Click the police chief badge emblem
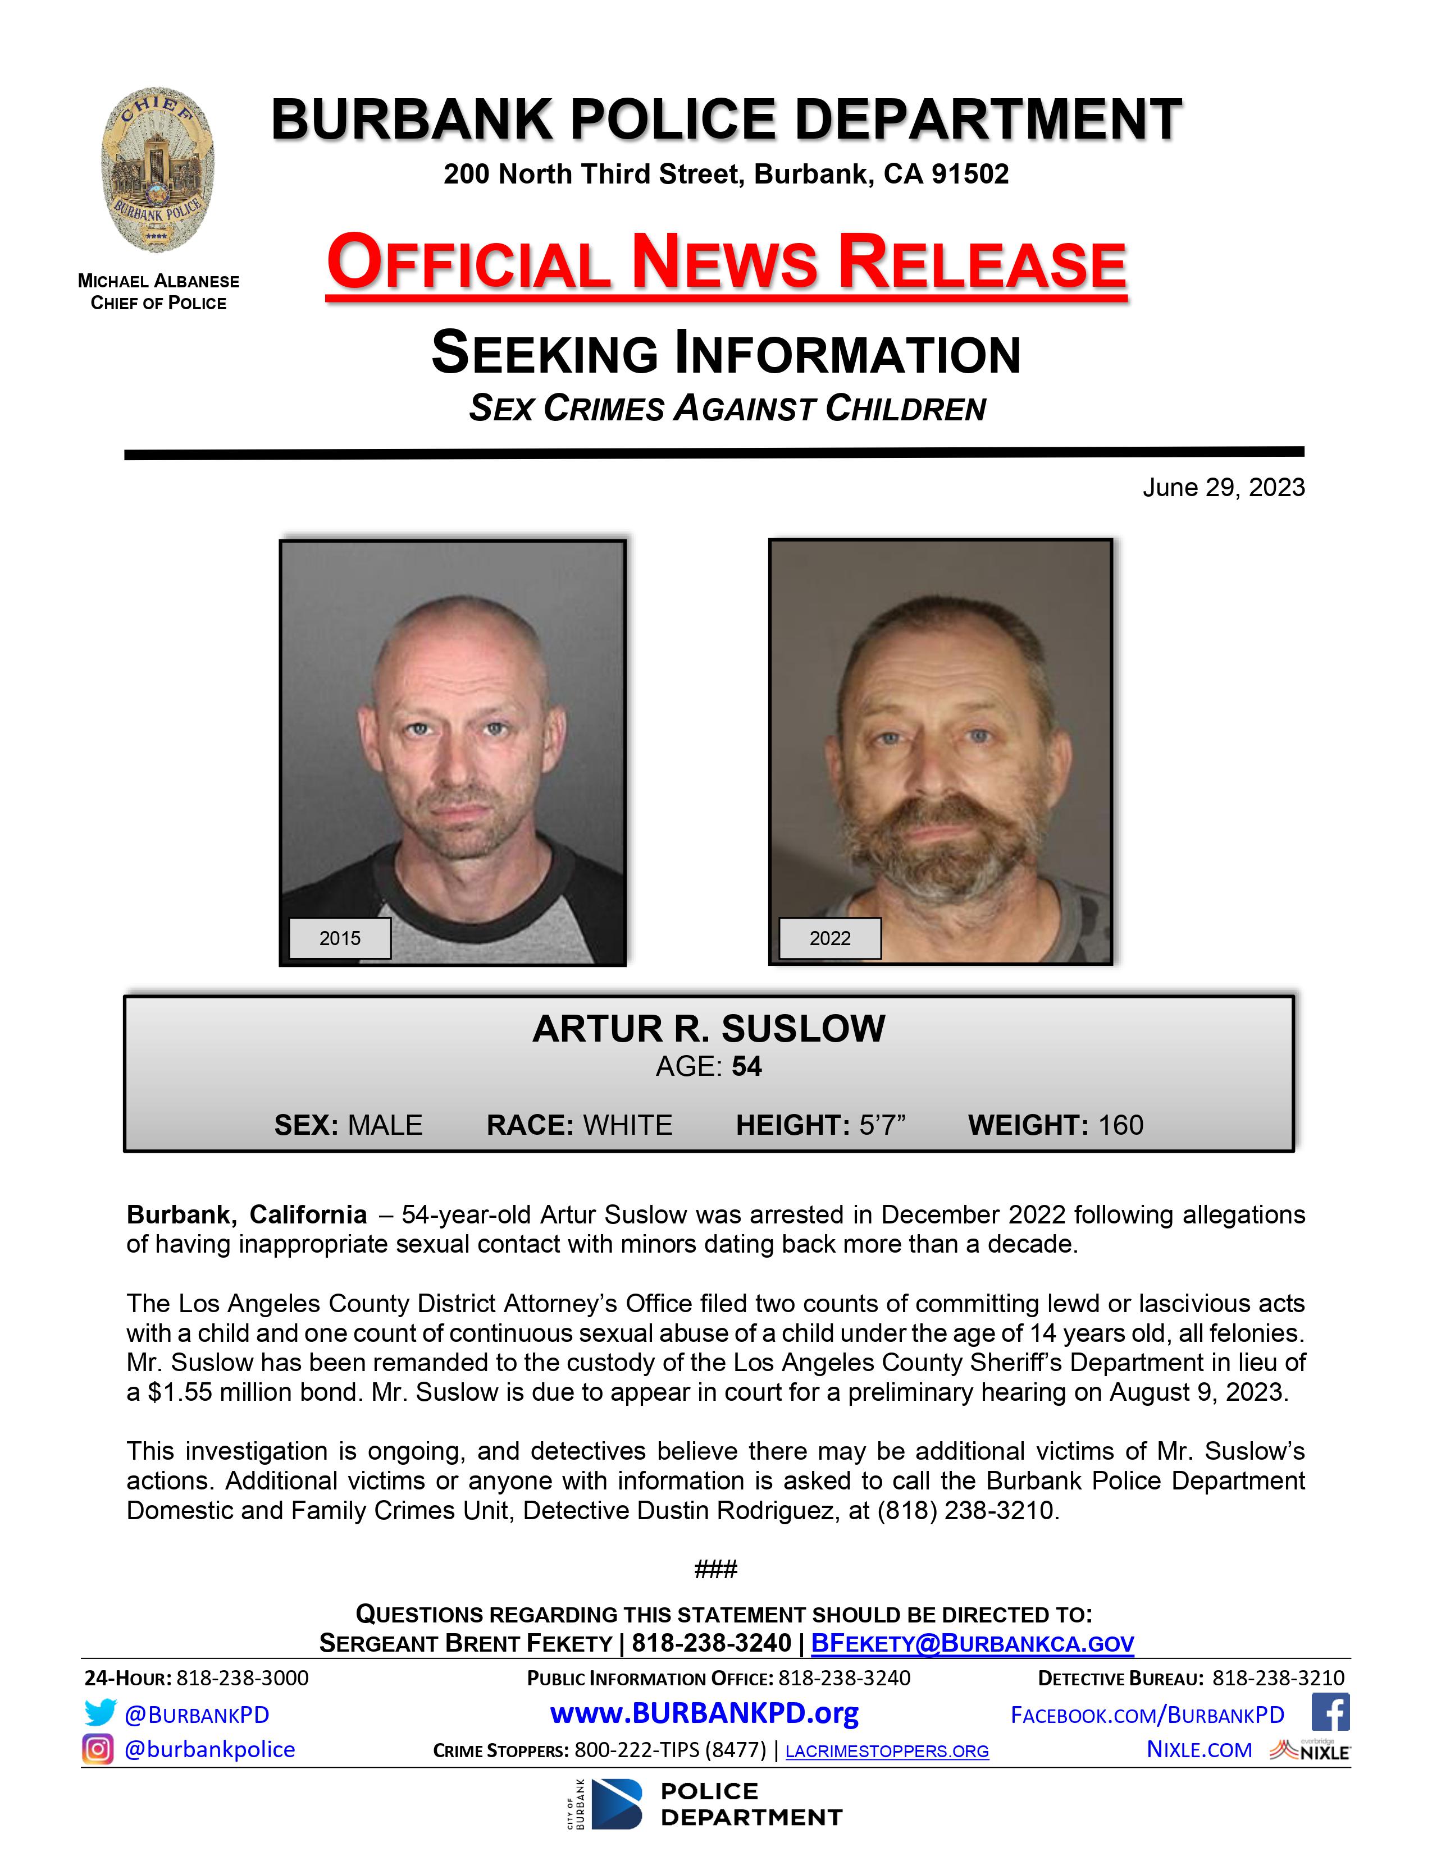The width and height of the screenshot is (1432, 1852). tap(158, 169)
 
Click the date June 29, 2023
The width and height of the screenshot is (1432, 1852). tap(1223, 488)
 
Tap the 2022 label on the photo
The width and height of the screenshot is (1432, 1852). tap(829, 938)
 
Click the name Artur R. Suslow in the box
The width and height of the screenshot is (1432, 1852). tap(708, 1029)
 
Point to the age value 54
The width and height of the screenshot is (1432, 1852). tap(746, 1066)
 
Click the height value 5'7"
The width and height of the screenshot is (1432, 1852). tap(882, 1125)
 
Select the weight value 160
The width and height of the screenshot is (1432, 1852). tap(1121, 1125)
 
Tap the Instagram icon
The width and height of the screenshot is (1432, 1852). tap(98, 1749)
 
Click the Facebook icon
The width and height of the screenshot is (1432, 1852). tap(1330, 1712)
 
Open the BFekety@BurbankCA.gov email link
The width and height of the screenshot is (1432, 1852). tap(972, 1643)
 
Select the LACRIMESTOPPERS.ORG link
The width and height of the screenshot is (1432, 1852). tap(887, 1751)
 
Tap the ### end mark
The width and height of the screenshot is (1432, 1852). tap(715, 1569)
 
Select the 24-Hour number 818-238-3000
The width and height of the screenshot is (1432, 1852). tap(243, 1677)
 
